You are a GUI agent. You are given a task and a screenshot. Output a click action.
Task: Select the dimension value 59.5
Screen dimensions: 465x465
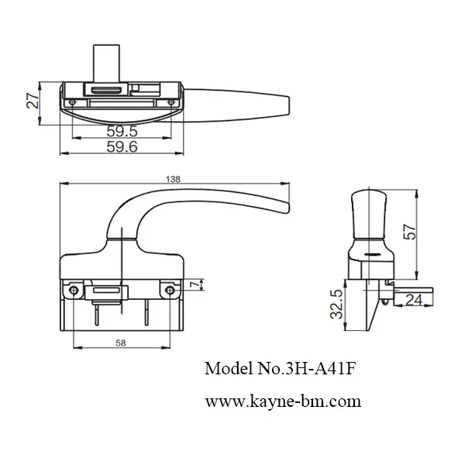pos(122,131)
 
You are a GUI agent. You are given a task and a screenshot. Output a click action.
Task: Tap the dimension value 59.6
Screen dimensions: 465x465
pos(122,146)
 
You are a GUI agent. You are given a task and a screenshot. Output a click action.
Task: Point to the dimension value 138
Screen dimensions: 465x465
pos(174,179)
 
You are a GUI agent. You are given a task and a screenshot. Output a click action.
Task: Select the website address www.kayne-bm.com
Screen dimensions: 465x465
pos(283,401)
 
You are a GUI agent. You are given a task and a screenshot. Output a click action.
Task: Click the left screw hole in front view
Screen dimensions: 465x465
pos(74,290)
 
